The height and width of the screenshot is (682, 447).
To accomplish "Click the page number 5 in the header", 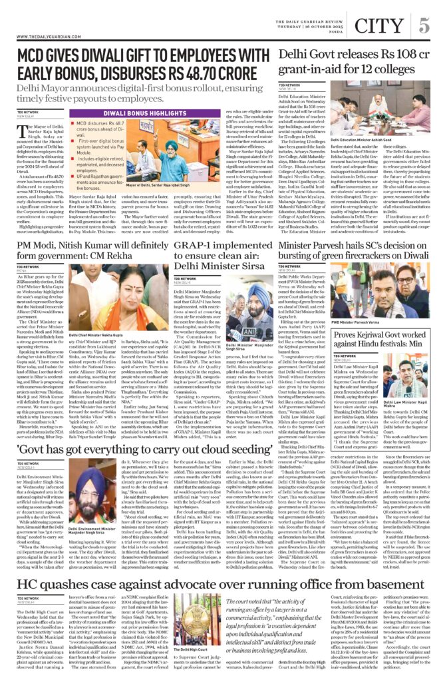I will point(423,26).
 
